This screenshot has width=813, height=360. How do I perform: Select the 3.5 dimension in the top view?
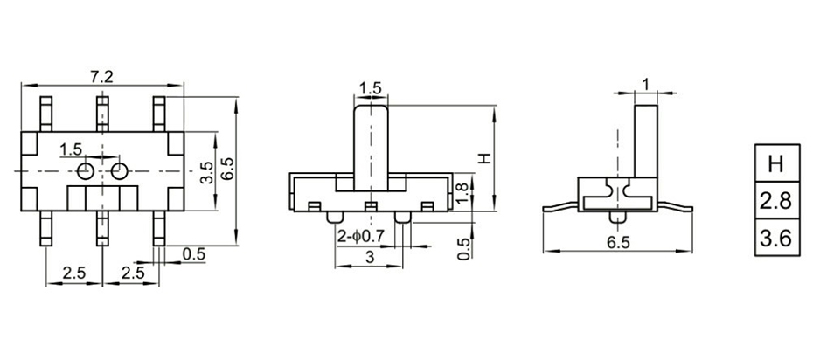click(206, 171)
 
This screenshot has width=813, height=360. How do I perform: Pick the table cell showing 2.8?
click(775, 201)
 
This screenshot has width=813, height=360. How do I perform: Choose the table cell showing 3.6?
click(775, 238)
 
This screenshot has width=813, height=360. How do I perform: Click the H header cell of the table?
click(775, 163)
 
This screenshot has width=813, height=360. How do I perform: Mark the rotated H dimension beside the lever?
click(483, 158)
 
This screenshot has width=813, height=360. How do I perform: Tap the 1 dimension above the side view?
click(645, 84)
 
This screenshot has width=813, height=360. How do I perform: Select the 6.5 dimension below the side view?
click(617, 244)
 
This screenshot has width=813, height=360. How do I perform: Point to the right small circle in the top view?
click(119, 170)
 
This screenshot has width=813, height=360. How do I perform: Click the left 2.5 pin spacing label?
click(74, 273)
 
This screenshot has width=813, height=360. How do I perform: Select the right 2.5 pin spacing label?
click(133, 273)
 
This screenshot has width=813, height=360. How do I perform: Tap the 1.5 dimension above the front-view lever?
click(370, 88)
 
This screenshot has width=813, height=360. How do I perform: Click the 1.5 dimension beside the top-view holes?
click(71, 149)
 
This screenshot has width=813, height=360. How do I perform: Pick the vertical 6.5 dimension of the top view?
click(226, 169)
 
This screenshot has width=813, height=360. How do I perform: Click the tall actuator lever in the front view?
click(370, 144)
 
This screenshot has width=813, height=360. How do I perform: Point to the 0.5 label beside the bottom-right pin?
click(193, 254)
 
